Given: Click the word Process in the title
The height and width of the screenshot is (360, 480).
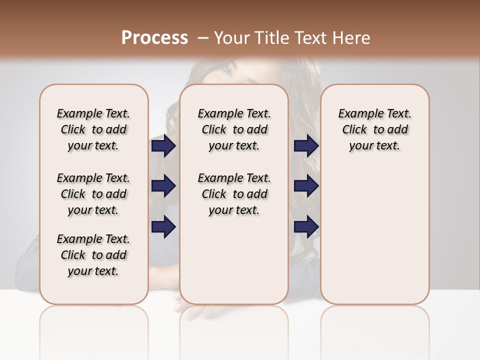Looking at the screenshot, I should click(x=154, y=38).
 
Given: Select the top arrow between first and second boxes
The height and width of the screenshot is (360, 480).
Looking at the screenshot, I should click(x=164, y=146).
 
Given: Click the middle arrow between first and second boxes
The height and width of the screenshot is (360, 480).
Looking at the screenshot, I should click(x=164, y=186).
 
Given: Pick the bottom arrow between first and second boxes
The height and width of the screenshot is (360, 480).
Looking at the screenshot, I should click(x=164, y=226).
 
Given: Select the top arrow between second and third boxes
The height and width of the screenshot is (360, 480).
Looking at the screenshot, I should click(x=306, y=146).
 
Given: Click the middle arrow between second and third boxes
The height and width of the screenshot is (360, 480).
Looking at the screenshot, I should click(x=306, y=186).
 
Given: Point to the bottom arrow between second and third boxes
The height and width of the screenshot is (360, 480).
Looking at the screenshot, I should click(x=306, y=226).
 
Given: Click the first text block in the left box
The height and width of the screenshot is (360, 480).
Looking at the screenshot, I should click(x=93, y=129).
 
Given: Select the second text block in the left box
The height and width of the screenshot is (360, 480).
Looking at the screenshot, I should click(x=93, y=194).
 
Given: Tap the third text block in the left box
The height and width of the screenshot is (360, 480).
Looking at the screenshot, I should click(x=93, y=255).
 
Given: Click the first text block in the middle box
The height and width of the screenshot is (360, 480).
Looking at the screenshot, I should click(x=234, y=129).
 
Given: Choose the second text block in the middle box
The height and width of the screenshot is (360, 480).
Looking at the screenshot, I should click(x=234, y=194).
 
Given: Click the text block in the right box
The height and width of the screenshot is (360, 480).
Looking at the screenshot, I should click(x=374, y=129).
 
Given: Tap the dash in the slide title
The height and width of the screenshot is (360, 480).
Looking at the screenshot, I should click(x=203, y=38).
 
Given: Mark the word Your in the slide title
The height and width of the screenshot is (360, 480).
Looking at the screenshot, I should click(x=231, y=38).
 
